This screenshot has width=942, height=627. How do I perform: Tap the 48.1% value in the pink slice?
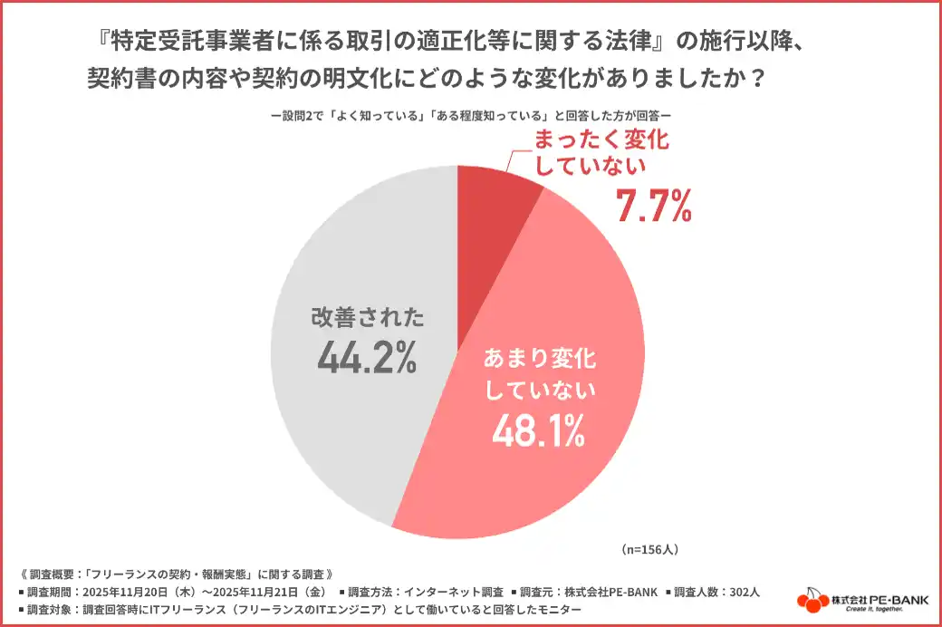coord(538,433)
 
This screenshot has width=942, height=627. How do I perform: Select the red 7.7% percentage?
coord(654,205)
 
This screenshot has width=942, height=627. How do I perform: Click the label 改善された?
coord(367,317)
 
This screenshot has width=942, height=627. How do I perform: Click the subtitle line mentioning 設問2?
coord(470,116)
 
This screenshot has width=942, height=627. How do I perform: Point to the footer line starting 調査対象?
coord(299,609)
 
